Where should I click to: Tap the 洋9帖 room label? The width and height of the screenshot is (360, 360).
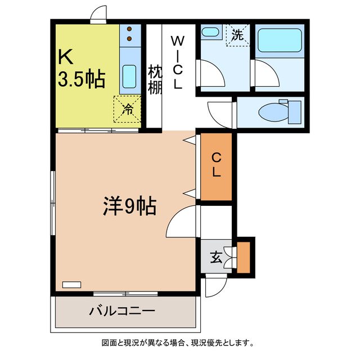[129, 206]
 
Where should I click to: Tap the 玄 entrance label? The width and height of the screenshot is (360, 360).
[216, 259]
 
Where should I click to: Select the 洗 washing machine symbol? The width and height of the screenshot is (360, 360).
[237, 35]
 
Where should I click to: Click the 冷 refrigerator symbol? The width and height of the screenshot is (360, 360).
[128, 109]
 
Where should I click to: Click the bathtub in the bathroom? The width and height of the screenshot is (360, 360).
[280, 40]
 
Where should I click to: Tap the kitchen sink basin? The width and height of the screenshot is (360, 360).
[129, 76]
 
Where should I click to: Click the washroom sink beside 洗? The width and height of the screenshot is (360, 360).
[211, 32]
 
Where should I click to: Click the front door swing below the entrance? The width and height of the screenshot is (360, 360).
[213, 287]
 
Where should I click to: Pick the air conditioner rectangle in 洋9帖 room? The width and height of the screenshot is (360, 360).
[72, 285]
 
